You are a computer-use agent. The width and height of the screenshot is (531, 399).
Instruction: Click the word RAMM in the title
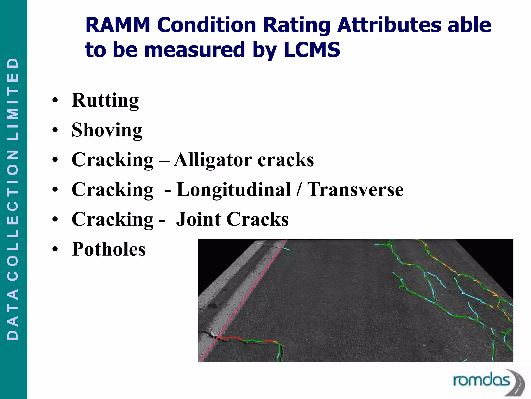click(118, 25)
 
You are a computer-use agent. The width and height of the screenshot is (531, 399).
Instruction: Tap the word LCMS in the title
click(312, 50)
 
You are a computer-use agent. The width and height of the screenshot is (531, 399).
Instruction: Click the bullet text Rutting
click(105, 100)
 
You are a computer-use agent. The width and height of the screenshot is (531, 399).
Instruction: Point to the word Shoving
click(107, 130)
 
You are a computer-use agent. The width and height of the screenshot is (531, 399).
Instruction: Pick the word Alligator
click(213, 160)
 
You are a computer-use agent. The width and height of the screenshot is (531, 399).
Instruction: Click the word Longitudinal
click(233, 190)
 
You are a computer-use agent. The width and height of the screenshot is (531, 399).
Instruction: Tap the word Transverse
click(355, 190)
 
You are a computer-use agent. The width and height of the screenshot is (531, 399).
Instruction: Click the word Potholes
click(108, 249)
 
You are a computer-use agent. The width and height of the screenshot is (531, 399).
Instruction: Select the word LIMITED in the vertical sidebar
click(13, 99)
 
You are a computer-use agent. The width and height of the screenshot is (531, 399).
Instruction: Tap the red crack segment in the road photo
click(228, 338)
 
